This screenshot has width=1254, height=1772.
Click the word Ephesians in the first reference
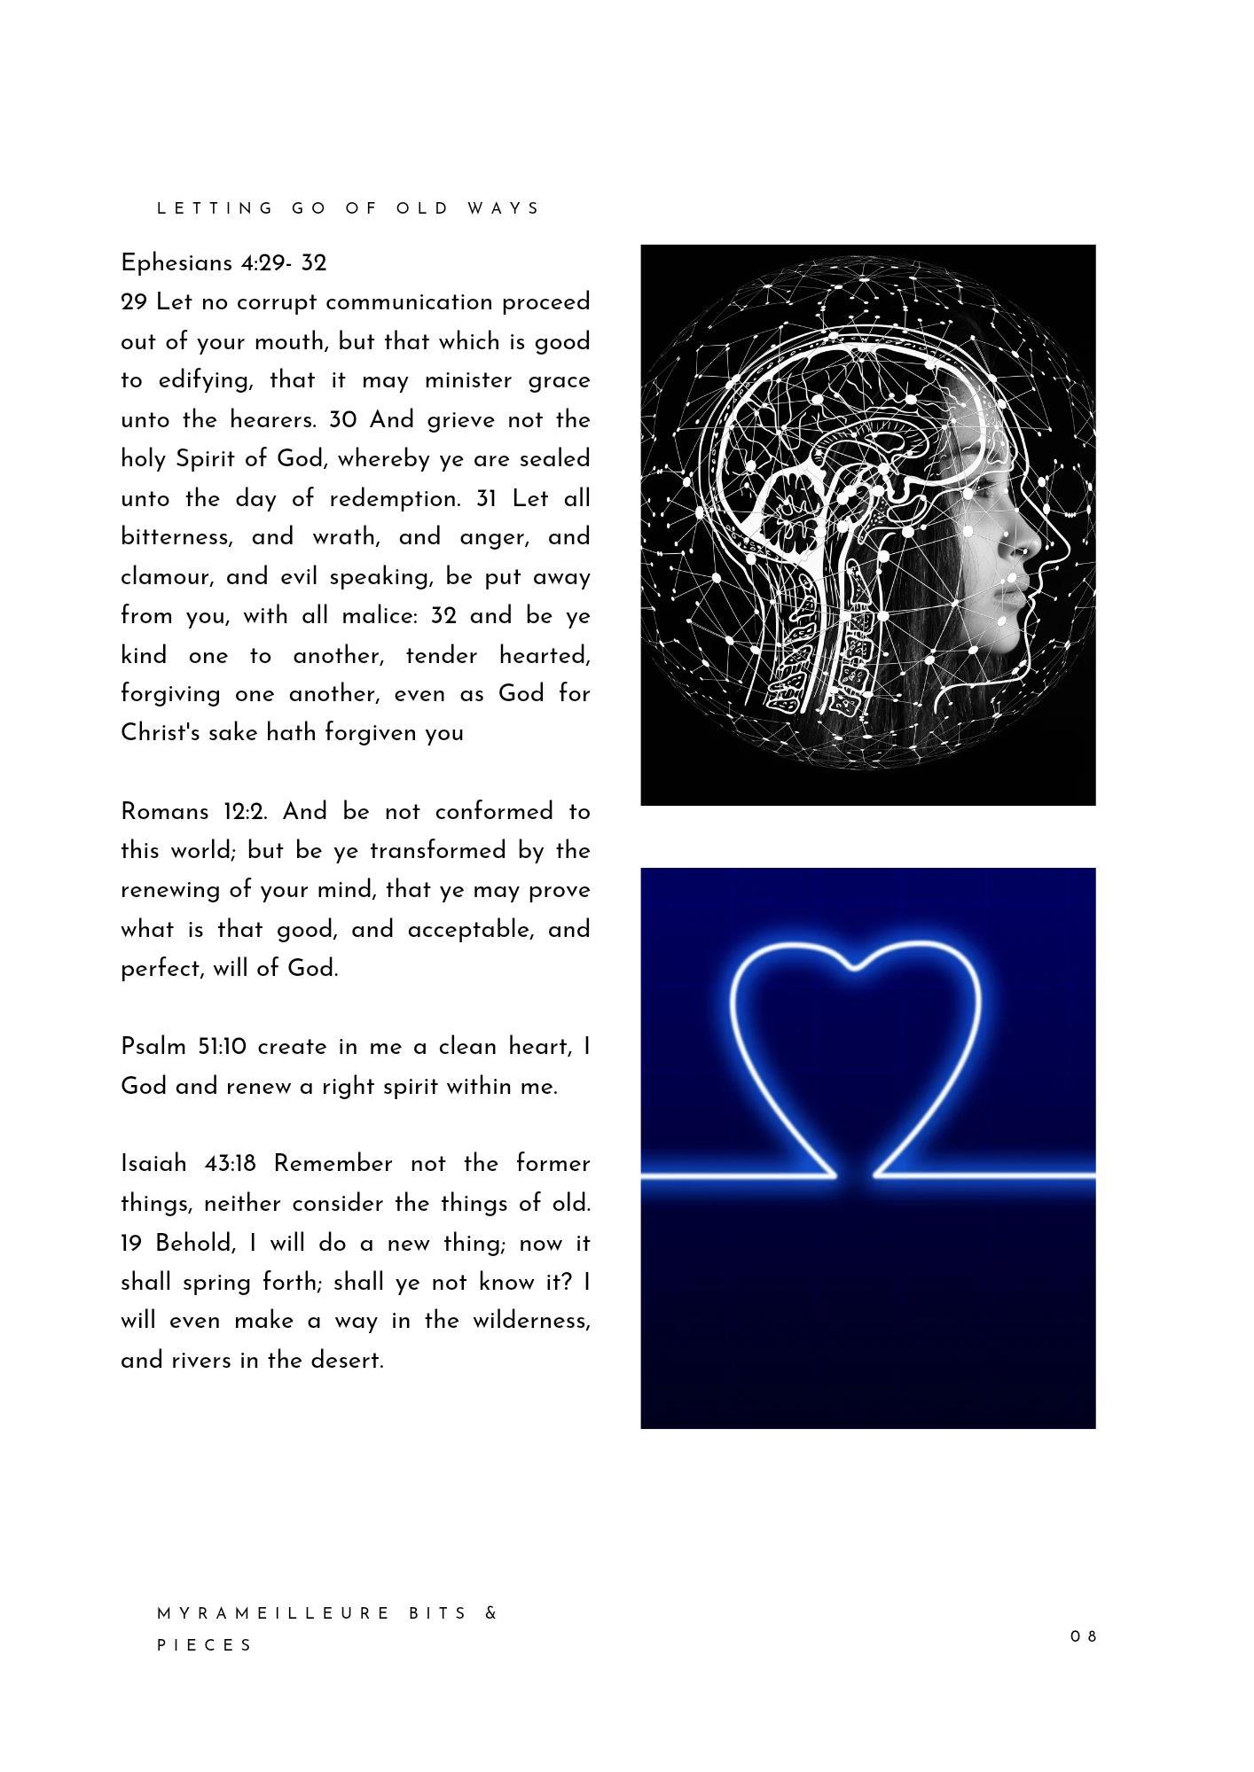point(176,263)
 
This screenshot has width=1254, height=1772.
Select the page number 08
point(1084,1636)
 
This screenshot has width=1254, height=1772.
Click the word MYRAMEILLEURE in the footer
point(274,1613)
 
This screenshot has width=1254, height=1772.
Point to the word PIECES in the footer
point(205,1645)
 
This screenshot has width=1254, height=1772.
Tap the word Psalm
point(153,1047)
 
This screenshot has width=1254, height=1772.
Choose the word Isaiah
point(153,1164)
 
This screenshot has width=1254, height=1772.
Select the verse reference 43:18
point(230,1164)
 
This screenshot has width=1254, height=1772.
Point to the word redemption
point(395,499)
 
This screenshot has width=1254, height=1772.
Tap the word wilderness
point(530,1321)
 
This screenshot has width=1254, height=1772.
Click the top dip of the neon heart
point(854,968)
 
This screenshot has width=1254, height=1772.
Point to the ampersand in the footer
point(492,1613)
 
